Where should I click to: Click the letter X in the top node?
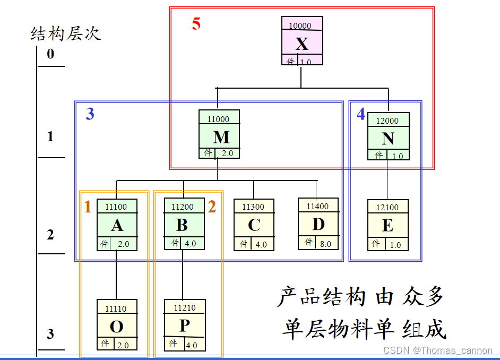point(301,43)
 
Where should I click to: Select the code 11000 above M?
point(218,119)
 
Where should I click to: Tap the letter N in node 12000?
point(388,139)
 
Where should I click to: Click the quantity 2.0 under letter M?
point(227,153)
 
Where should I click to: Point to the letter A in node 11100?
point(117,225)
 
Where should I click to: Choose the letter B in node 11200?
point(182,225)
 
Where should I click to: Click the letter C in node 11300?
point(254,225)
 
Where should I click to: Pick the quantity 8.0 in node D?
point(325,244)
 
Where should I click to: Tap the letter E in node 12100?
point(387,226)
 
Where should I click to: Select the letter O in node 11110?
point(117,326)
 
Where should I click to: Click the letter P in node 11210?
point(184,325)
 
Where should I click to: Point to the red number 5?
point(196,24)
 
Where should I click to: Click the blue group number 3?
point(90,114)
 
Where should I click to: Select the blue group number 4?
point(361,114)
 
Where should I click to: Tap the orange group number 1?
point(88,207)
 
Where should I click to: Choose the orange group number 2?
point(212,207)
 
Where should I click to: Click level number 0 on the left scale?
point(50,54)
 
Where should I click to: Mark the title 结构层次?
point(66,34)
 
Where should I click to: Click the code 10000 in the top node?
point(300,25)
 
